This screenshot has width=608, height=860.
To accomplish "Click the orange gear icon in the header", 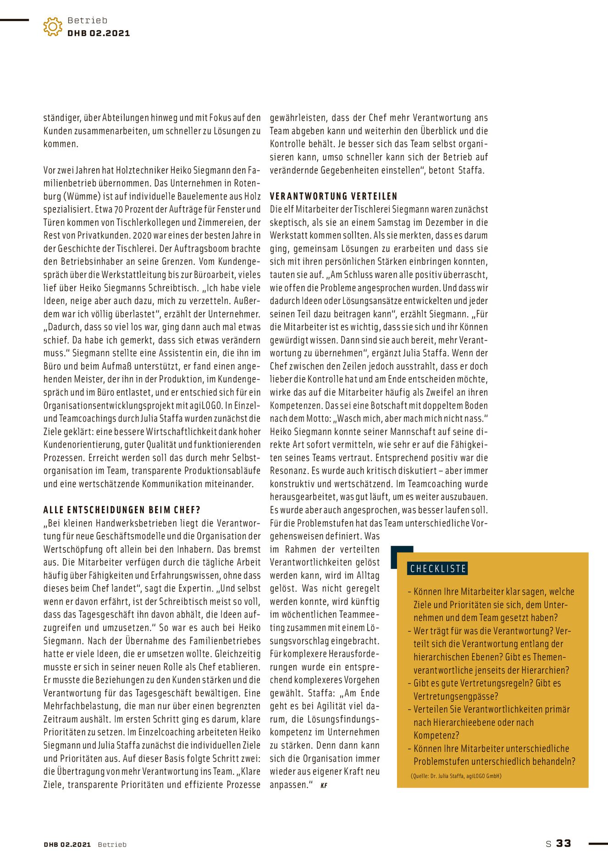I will [53, 27].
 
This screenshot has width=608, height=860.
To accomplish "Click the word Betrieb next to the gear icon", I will [87, 20].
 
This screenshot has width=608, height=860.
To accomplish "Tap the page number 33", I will [564, 843].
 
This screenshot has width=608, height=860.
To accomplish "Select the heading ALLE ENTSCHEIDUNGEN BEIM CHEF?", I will [122, 510].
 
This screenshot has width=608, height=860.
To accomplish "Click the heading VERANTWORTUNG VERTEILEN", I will [333, 196].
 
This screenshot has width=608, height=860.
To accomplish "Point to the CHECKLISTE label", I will [438, 569].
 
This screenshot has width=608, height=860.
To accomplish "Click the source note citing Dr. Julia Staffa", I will [456, 776].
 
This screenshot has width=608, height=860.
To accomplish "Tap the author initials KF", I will [324, 785].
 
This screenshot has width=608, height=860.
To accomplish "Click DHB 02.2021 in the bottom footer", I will [67, 844].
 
